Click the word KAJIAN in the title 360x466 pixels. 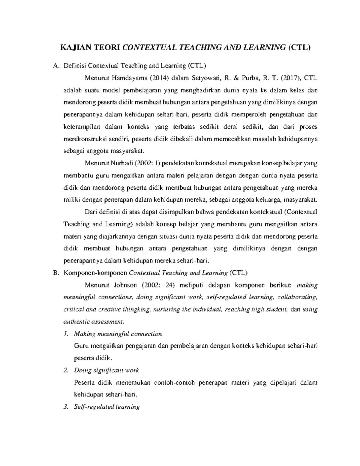[x=74, y=47]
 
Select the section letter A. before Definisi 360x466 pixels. [x=55, y=66]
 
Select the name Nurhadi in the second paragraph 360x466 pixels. [x=121, y=164]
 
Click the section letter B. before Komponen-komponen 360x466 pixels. [x=55, y=273]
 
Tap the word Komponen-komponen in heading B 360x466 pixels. [x=95, y=273]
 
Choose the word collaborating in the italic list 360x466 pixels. [x=297, y=297]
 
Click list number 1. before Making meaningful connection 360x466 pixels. [x=66, y=334]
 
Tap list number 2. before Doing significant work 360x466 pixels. [x=66, y=371]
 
